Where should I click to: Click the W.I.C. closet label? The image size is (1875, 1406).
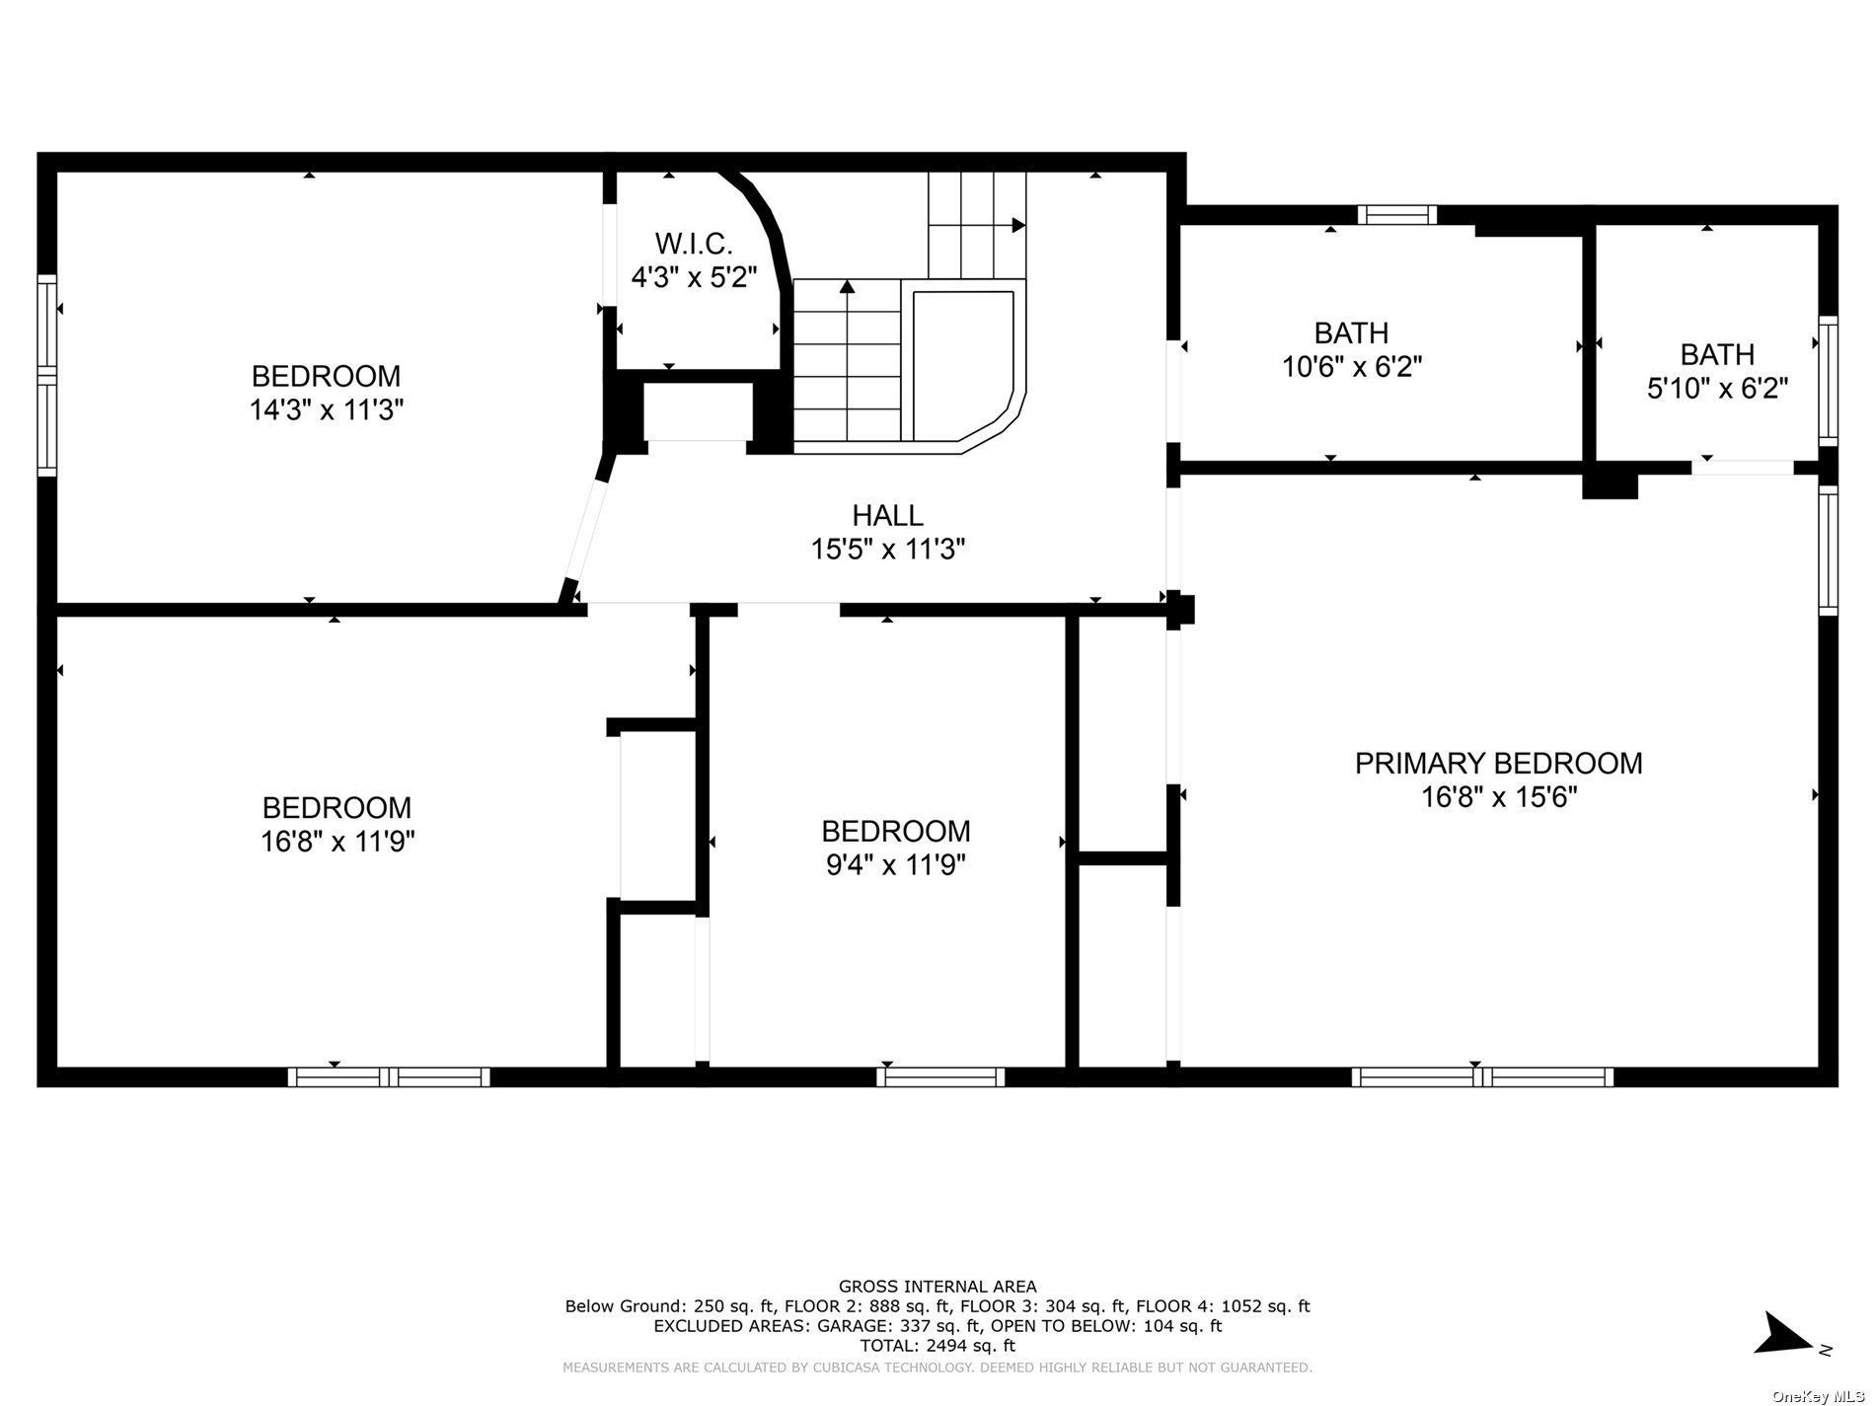tap(694, 243)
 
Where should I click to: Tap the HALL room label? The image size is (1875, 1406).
tap(887, 515)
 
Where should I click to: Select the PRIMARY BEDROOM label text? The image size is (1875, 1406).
tap(1498, 763)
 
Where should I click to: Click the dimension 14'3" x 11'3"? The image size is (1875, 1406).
tap(327, 409)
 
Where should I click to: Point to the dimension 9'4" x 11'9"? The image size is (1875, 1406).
tap(895, 865)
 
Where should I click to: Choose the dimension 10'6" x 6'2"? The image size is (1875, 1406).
tap(1351, 367)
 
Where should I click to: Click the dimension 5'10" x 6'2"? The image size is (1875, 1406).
tap(1717, 388)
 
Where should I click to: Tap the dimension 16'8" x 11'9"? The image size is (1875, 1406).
tap(337, 842)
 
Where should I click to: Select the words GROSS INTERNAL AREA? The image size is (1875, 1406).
tap(937, 1286)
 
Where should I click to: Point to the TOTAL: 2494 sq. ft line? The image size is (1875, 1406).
tap(937, 1345)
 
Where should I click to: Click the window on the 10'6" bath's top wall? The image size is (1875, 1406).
tap(1396, 215)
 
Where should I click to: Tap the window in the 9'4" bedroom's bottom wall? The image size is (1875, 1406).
tap(940, 1076)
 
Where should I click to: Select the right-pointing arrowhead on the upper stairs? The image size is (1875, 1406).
tap(1018, 225)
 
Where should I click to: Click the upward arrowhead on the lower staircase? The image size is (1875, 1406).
tap(847, 287)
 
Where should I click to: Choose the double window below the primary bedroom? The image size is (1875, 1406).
tap(1482, 1076)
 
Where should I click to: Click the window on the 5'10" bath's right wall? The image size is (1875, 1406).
tap(1829, 381)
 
